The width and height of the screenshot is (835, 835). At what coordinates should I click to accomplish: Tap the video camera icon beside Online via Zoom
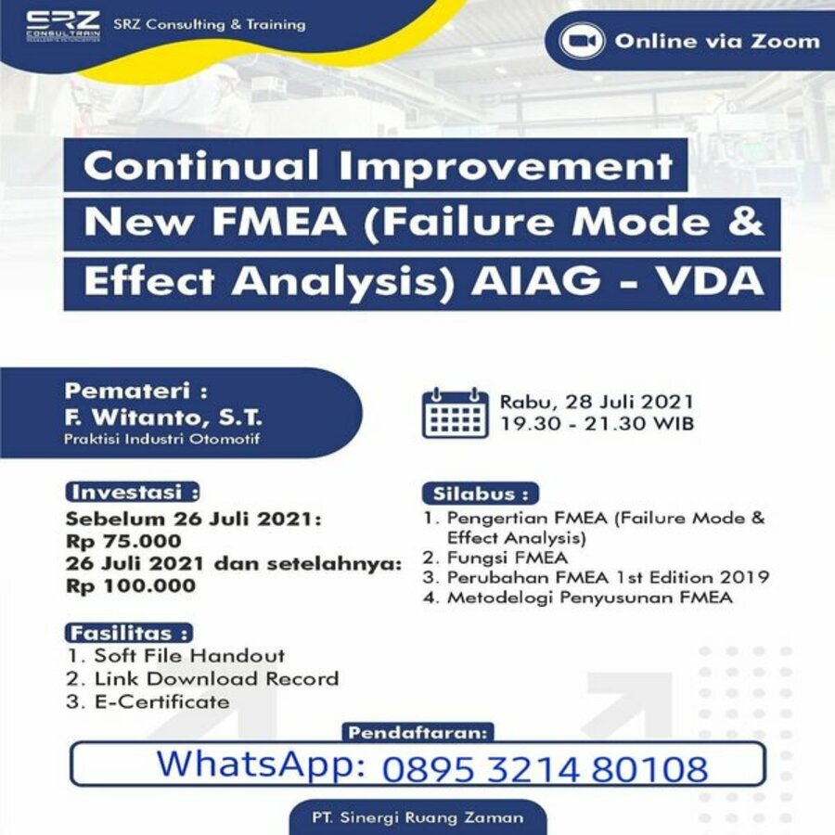pyautogui.click(x=582, y=41)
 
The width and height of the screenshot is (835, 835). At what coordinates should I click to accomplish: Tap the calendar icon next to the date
pyautogui.click(x=456, y=413)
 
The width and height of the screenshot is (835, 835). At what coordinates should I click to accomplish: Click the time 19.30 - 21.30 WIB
pyautogui.click(x=597, y=424)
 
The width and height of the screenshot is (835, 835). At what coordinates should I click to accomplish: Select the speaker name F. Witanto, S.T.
pyautogui.click(x=163, y=417)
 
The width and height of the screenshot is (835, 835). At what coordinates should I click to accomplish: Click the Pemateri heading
pyautogui.click(x=136, y=392)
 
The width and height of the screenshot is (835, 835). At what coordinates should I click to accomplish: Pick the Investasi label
pyautogui.click(x=133, y=492)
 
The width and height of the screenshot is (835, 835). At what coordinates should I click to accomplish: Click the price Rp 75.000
pyautogui.click(x=123, y=541)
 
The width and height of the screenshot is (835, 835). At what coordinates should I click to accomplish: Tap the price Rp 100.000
pyautogui.click(x=131, y=585)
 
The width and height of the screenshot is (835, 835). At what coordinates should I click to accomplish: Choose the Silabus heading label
pyautogui.click(x=481, y=494)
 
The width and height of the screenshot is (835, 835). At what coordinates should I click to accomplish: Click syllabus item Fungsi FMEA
pyautogui.click(x=507, y=558)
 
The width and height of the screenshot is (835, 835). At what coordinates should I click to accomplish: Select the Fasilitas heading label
pyautogui.click(x=128, y=633)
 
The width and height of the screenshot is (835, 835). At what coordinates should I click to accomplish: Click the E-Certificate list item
pyautogui.click(x=161, y=701)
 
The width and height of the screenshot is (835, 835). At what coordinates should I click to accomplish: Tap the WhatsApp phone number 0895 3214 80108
pyautogui.click(x=546, y=769)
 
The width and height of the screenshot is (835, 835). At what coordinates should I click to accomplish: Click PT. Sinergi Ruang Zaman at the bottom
pyautogui.click(x=418, y=817)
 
